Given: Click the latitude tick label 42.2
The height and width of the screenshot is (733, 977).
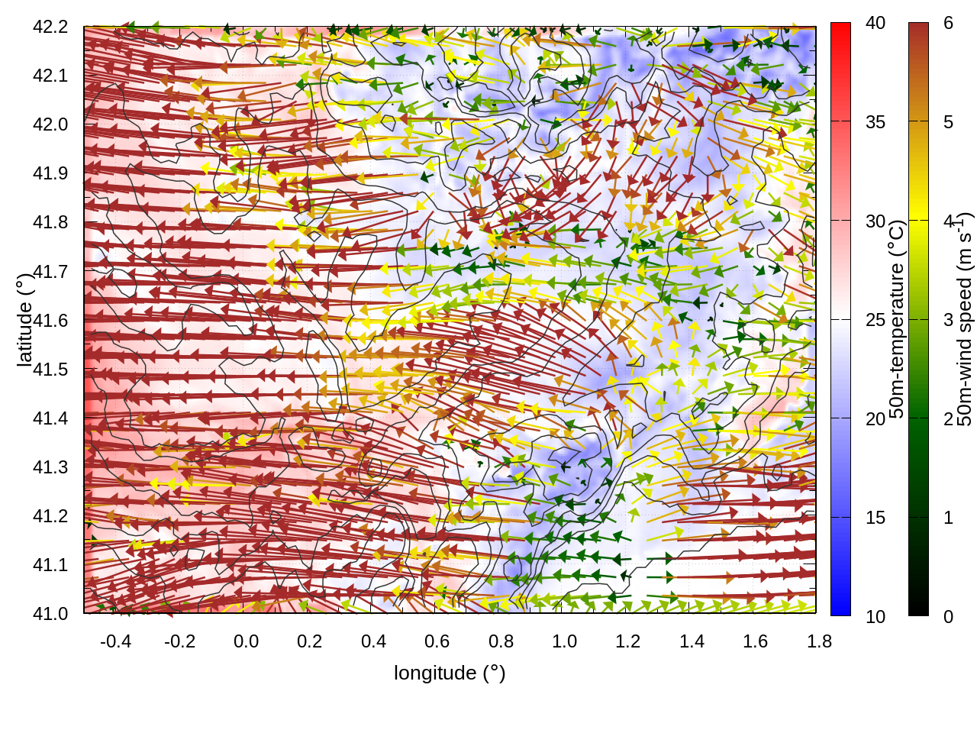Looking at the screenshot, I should tap(50, 27).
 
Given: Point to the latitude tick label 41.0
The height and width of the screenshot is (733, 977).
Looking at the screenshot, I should tap(50, 614).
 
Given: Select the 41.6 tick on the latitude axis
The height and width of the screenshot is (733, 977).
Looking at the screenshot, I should tap(50, 321).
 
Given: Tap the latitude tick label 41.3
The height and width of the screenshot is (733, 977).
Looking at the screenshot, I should tap(50, 467).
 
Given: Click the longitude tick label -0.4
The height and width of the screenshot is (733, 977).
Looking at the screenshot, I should tap(115, 641).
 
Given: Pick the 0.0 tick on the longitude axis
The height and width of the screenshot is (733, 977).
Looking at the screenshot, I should tap(246, 641).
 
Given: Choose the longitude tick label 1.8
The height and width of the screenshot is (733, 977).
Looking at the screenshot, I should tap(819, 641).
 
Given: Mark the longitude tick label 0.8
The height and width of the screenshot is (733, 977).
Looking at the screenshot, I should tap(501, 641).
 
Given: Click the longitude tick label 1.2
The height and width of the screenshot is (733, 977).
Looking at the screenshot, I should tap(628, 641).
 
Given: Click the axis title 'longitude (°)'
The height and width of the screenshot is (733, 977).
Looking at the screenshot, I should tap(450, 673).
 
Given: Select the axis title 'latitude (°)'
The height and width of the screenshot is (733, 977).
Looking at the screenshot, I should tap(24, 321).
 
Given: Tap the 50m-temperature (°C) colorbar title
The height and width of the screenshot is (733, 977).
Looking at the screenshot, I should tap(897, 319).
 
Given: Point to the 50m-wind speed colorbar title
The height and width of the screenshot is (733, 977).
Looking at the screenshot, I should tap(965, 319).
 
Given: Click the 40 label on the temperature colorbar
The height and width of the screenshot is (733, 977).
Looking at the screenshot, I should tap(875, 24).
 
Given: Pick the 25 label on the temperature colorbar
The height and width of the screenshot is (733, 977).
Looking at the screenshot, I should tap(875, 320).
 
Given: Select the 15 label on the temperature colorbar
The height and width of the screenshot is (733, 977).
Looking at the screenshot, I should tap(875, 518).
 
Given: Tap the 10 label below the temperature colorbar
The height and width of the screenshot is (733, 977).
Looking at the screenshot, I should tap(875, 617).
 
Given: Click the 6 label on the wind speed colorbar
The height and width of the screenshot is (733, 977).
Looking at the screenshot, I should tap(948, 24).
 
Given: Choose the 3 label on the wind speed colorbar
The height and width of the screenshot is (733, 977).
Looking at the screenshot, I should tap(948, 320).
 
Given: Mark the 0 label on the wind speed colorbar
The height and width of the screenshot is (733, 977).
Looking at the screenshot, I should tap(948, 617).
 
